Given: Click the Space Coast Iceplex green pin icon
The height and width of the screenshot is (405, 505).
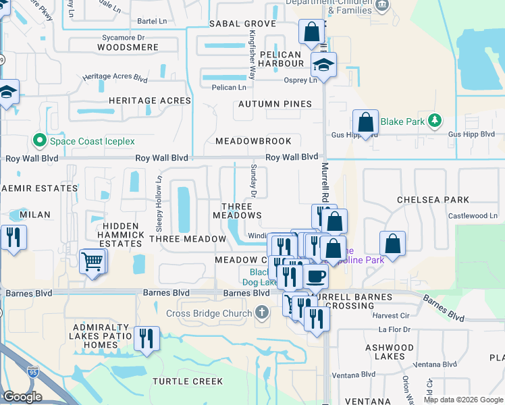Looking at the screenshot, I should point(39,141).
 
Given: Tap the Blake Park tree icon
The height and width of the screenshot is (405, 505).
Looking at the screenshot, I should point(436,122).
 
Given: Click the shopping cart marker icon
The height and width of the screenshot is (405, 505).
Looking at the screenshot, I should point(92,261).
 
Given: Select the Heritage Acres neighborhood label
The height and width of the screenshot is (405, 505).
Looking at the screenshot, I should point(150,101).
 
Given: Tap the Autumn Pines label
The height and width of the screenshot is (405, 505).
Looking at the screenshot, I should point(275,104).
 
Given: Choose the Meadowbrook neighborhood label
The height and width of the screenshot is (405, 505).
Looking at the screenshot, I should point(253,141).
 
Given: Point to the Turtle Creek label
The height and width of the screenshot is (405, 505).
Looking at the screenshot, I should point(188,381).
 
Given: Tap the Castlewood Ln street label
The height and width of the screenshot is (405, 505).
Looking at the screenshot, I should point(473,216).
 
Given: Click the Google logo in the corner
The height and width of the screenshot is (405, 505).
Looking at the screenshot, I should point(23,397).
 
